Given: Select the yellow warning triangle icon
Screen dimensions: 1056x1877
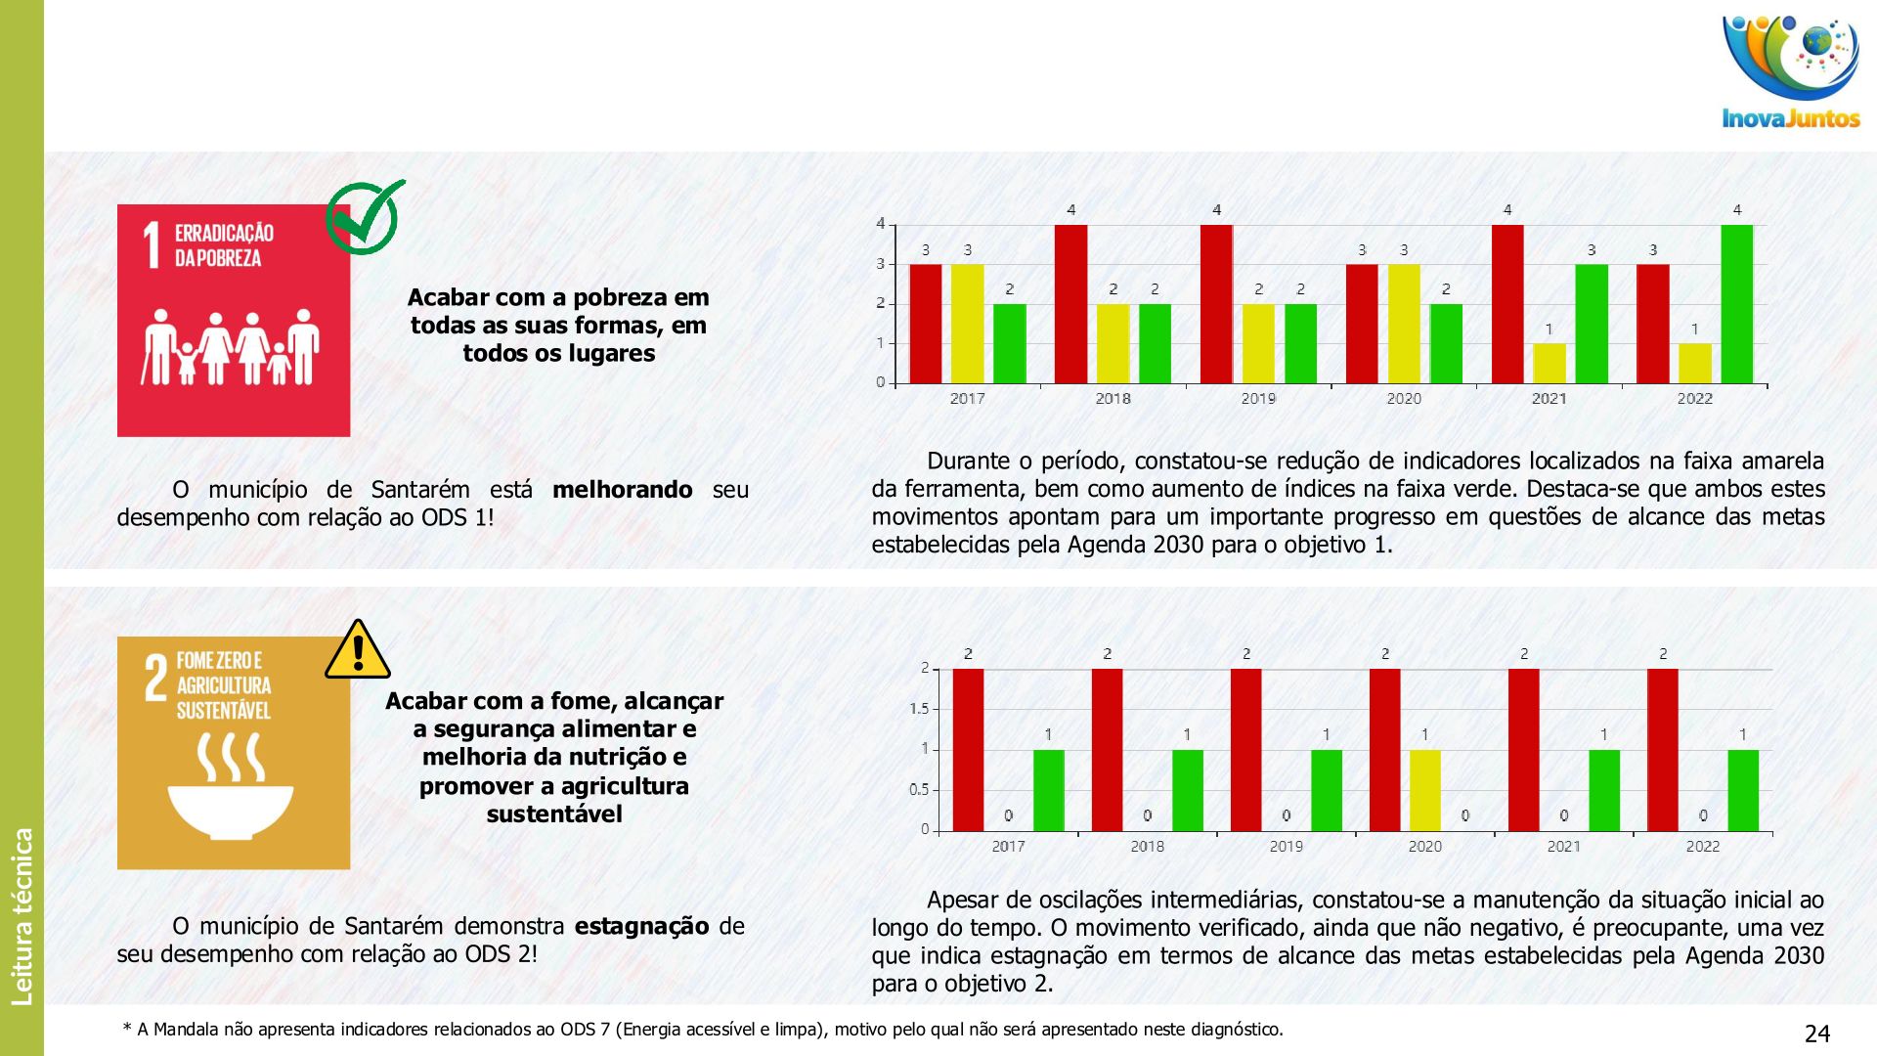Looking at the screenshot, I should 358,650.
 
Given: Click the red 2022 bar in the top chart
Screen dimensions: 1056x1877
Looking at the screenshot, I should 1652,323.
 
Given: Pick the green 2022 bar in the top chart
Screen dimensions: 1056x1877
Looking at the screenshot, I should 1736,304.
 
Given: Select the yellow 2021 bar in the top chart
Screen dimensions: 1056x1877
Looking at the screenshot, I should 1549,363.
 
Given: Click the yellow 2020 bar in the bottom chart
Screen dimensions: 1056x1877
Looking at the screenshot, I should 1424,790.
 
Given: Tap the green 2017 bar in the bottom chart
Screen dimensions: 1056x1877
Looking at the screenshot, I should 1048,790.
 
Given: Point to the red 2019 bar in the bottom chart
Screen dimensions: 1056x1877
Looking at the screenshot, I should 1245,750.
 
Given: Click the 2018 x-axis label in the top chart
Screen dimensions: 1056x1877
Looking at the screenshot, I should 1113,399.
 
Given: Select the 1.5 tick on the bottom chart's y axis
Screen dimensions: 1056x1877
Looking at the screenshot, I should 919,709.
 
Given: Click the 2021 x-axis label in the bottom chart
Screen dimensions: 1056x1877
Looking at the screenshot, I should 1563,847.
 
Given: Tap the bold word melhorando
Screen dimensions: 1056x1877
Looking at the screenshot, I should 622,489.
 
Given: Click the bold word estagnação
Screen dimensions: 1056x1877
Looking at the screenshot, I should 641,926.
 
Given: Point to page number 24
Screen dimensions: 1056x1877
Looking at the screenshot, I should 1816,1034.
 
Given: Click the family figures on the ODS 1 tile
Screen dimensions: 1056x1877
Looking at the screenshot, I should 233,347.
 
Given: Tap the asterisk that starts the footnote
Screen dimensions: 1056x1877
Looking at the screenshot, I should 126,1029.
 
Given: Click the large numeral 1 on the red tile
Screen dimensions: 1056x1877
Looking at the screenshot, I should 152,245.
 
